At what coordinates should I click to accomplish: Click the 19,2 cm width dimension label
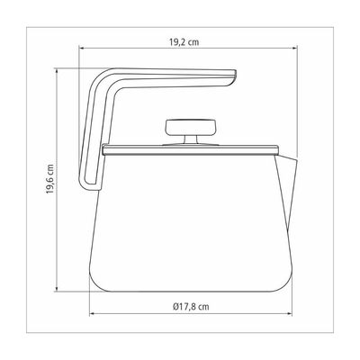(x=184, y=42)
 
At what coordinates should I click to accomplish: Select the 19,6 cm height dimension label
(x=50, y=179)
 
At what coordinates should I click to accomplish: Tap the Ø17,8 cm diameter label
(x=191, y=307)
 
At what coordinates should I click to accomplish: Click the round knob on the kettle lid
(x=191, y=127)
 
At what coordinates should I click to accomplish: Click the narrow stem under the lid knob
(x=191, y=139)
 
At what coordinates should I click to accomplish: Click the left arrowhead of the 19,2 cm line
(x=81, y=48)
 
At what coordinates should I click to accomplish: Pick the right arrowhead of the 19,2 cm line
(x=295, y=48)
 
